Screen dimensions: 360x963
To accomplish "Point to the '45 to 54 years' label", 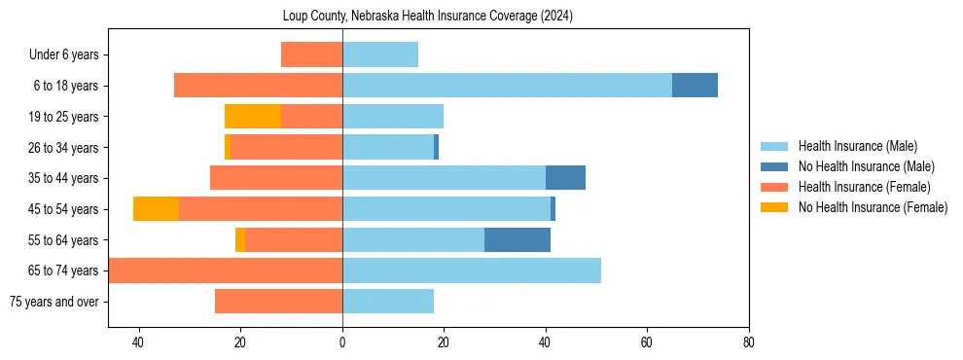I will (64, 209).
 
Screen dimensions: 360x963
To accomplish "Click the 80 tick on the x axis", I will (748, 342).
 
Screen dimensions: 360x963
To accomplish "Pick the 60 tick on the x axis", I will (647, 342).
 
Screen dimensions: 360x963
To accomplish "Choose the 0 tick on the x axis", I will (342, 342).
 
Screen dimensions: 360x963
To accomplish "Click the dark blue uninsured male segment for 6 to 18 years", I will (695, 86).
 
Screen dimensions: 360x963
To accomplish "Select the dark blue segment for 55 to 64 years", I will (517, 239).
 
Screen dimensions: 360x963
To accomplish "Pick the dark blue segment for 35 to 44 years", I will (565, 178).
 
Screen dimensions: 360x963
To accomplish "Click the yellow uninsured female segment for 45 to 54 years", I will (156, 209).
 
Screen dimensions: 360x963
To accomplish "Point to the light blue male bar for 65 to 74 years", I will (472, 270).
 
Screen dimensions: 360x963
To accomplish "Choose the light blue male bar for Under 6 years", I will (380, 55).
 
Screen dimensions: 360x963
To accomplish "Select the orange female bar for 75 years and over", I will (278, 302).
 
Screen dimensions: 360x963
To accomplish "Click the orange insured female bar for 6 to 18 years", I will (258, 86).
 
